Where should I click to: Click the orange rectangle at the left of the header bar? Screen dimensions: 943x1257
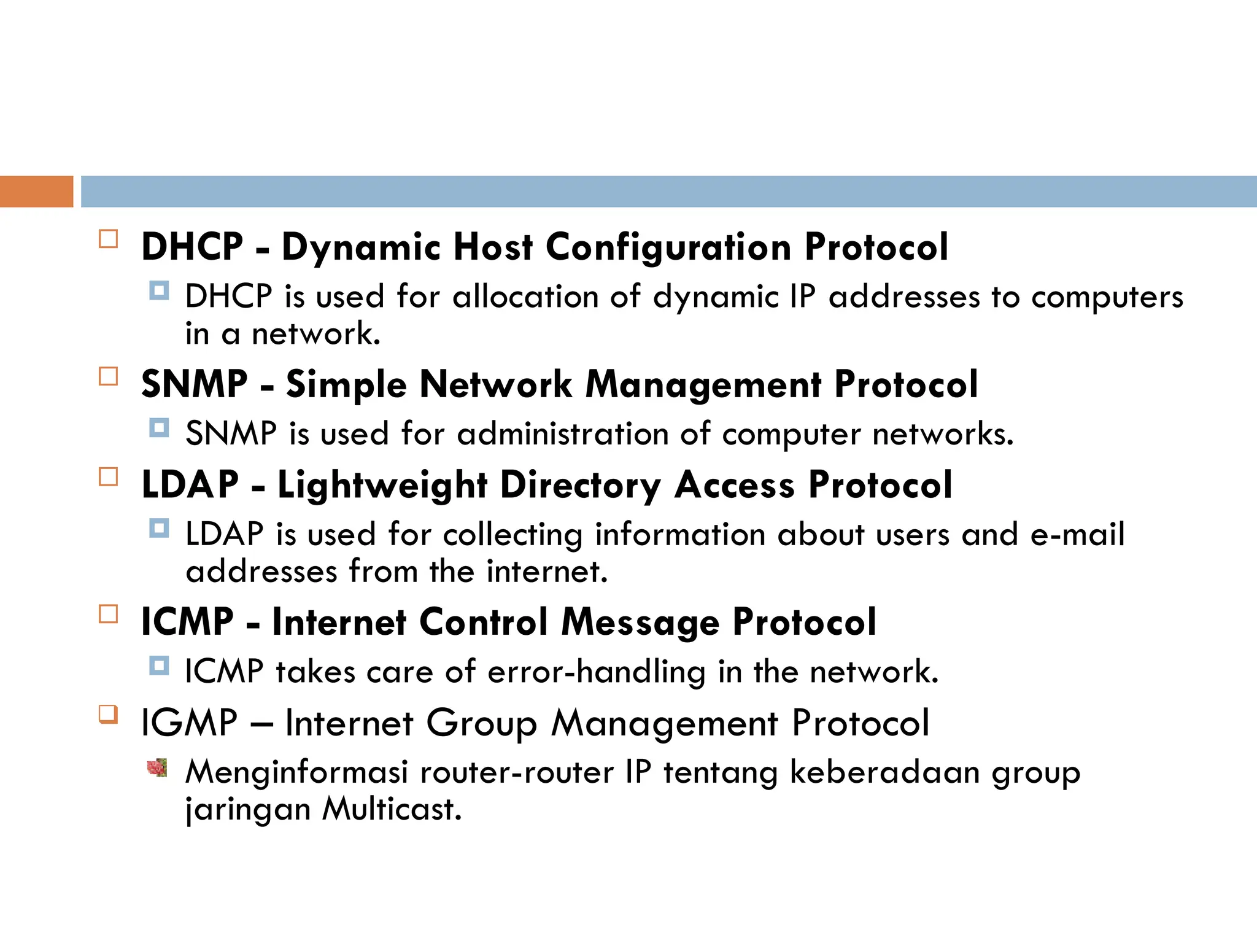click(36, 191)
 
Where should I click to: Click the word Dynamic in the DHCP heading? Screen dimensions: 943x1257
click(361, 247)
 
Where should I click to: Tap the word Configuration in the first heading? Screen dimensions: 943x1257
click(668, 247)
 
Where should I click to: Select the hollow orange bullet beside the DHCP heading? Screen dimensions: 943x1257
click(108, 239)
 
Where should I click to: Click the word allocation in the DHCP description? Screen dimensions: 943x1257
click(525, 297)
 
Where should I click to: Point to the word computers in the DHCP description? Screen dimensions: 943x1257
click(1107, 298)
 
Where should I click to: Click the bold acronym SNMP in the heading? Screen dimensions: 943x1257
click(194, 384)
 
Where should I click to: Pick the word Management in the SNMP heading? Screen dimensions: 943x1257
click(703, 386)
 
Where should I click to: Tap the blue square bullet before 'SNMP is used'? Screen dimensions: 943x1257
click(159, 427)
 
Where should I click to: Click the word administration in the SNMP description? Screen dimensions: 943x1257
click(562, 433)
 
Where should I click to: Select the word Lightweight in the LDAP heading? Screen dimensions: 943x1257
click(382, 486)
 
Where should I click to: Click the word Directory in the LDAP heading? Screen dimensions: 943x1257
click(580, 486)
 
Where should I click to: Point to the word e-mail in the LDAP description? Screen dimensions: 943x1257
click(1077, 534)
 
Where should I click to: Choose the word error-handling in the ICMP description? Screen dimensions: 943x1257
click(596, 672)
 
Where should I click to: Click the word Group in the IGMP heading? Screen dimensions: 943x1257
click(481, 723)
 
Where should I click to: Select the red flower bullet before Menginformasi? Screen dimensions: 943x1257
click(158, 767)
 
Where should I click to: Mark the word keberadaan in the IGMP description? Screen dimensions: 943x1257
click(884, 772)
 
